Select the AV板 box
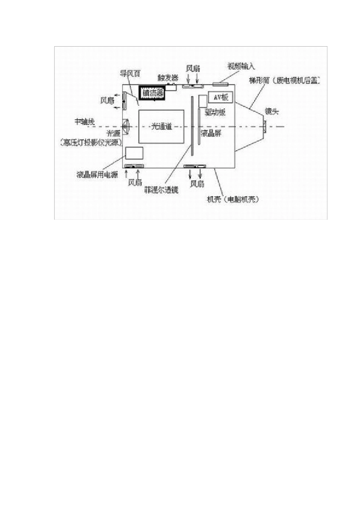pyautogui.click(x=220, y=97)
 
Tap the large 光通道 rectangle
pyautogui.click(x=161, y=126)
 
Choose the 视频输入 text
pyautogui.click(x=241, y=66)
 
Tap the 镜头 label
pyautogui.click(x=272, y=111)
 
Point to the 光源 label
pyautogui.click(x=113, y=133)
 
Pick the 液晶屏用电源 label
pyautogui.click(x=97, y=175)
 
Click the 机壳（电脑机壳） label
pyautogui.click(x=233, y=200)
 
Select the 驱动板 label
pyautogui.click(x=215, y=112)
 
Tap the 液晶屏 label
pyautogui.click(x=211, y=133)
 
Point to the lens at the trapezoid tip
pyautogui.click(x=264, y=126)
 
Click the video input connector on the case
pyautogui.click(x=221, y=83)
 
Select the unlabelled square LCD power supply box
pyautogui.click(x=134, y=153)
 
